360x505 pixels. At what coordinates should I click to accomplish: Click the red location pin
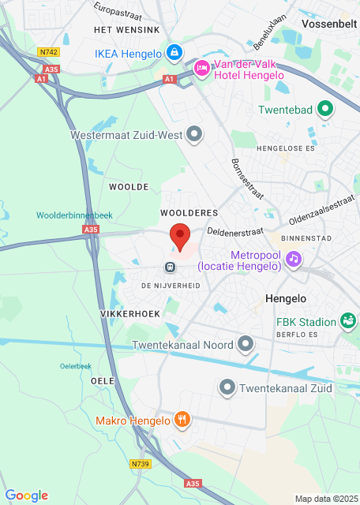click(181, 236)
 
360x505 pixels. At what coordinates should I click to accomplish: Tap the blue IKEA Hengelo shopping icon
click(174, 53)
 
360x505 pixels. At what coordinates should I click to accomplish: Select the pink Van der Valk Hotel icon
click(201, 69)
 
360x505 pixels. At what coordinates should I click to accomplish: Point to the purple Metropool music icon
click(293, 258)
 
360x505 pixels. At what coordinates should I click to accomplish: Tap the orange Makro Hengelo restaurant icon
click(182, 420)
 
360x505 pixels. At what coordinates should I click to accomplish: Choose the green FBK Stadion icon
click(347, 320)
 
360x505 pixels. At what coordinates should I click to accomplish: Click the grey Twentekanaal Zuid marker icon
click(227, 387)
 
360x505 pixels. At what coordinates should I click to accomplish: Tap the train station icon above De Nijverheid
click(170, 267)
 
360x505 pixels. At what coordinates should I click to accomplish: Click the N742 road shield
click(48, 51)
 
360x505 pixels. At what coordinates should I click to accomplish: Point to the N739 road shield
click(141, 464)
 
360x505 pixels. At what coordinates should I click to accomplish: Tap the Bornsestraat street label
click(247, 178)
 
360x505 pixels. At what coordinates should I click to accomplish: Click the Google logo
click(27, 496)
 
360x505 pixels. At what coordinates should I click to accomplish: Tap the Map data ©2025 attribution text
click(325, 499)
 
